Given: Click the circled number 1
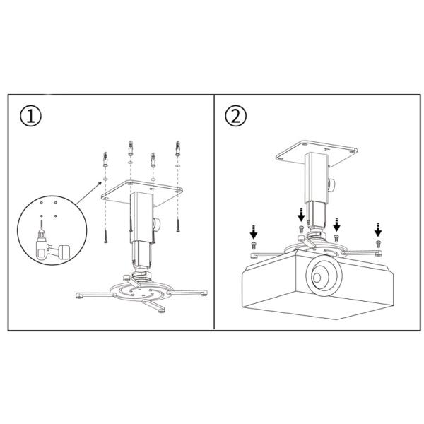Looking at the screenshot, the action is (x=30, y=117).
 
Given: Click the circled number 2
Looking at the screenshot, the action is (x=236, y=116).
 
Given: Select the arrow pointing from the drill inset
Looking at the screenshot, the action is (x=89, y=193).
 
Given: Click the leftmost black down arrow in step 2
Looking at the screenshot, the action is (x=254, y=232).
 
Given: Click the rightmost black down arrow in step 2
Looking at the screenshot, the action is (x=378, y=230).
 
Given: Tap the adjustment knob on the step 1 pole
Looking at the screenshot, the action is (x=157, y=224).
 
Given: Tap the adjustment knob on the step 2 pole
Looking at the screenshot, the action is (x=331, y=184).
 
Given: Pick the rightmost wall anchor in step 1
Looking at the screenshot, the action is (x=177, y=148).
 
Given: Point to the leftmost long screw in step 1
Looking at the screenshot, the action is (x=106, y=236).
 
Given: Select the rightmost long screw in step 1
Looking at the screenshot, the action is (x=178, y=225).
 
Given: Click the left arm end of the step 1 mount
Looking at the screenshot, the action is (x=79, y=295).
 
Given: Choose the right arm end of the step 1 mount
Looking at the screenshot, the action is (x=204, y=293).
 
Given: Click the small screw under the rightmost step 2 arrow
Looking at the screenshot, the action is (x=378, y=244).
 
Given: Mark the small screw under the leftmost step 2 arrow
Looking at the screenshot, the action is (x=254, y=245).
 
